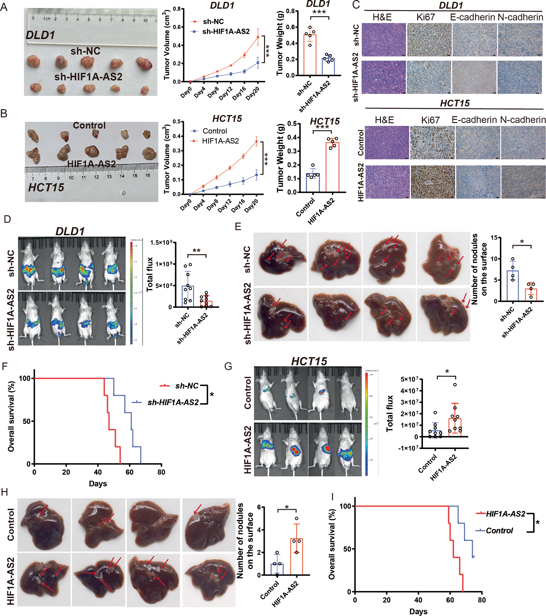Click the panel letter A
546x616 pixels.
click(x=4, y=7)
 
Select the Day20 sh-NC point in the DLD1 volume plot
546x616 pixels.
click(x=258, y=37)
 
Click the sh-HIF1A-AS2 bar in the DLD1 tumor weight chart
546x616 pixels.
click(x=328, y=66)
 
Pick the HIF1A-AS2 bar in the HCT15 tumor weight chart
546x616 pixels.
click(x=332, y=167)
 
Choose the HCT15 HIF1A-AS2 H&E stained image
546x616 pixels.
click(x=388, y=182)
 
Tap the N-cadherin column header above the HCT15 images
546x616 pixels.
click(x=523, y=120)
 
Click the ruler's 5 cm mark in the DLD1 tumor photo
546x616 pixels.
click(x=89, y=19)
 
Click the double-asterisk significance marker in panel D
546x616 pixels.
click(x=196, y=251)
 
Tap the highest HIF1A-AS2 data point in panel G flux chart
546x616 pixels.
click(x=455, y=385)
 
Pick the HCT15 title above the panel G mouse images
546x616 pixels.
click(x=309, y=361)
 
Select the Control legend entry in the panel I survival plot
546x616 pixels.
click(x=499, y=530)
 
